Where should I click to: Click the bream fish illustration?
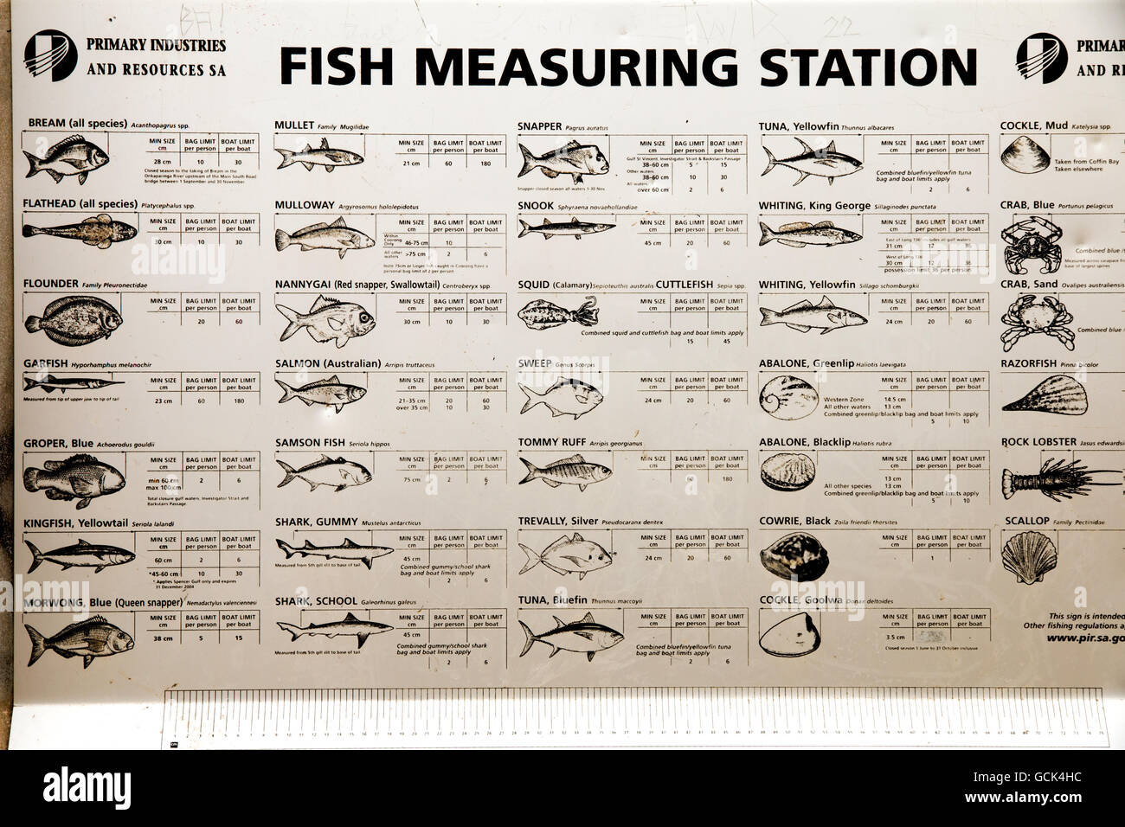click(67, 157)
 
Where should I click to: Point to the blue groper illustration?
click(73, 479)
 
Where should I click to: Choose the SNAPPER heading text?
click(539, 126)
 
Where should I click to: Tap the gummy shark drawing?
click(333, 548)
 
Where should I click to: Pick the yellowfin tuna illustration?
click(812, 159)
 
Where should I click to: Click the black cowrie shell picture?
click(787, 555)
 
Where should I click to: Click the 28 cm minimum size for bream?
click(162, 162)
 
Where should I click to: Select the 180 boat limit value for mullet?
click(485, 163)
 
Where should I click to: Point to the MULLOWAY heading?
click(304, 206)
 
